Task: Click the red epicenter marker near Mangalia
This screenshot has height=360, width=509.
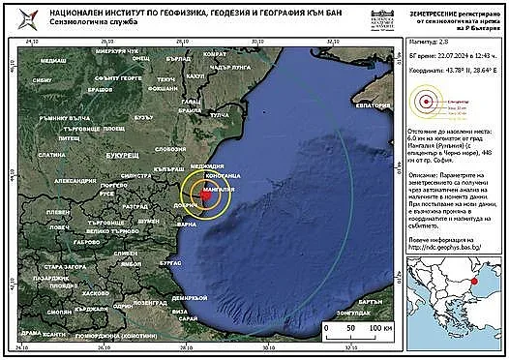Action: (206, 195)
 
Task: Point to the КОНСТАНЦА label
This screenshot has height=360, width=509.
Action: (221, 174)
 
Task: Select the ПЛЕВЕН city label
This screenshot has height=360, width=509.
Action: (58, 211)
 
